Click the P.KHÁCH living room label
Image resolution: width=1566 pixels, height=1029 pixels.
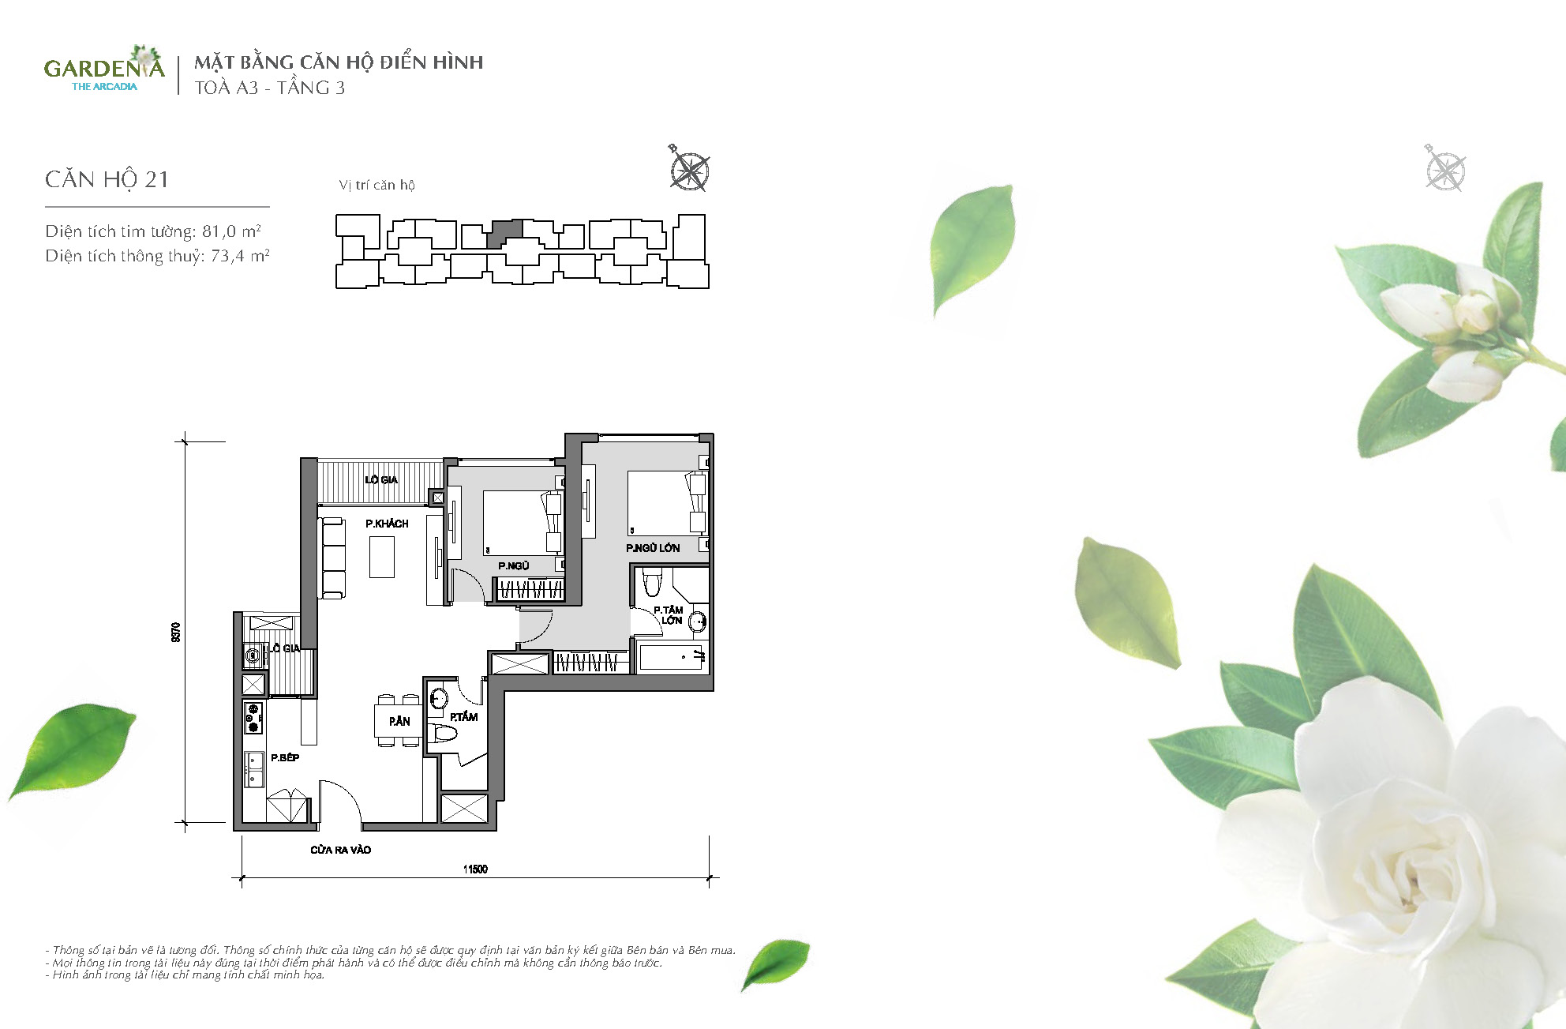[387, 524]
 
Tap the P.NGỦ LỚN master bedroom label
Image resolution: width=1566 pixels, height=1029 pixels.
[653, 548]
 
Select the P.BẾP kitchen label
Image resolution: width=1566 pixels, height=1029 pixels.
[285, 757]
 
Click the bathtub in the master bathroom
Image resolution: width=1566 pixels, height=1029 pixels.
[670, 658]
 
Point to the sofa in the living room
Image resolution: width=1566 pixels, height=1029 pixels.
[332, 558]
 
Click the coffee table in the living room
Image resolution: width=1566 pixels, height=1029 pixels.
[382, 557]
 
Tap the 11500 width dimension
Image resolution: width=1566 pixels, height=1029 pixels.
[475, 869]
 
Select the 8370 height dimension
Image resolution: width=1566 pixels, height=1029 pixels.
[176, 632]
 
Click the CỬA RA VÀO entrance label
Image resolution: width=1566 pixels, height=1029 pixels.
[340, 850]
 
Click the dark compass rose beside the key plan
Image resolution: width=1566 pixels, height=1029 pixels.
[689, 169]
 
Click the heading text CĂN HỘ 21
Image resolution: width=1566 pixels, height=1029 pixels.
[107, 179]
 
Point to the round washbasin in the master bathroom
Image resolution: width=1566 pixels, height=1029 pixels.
[698, 622]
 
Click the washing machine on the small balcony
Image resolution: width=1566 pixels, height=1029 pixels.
[253, 655]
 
